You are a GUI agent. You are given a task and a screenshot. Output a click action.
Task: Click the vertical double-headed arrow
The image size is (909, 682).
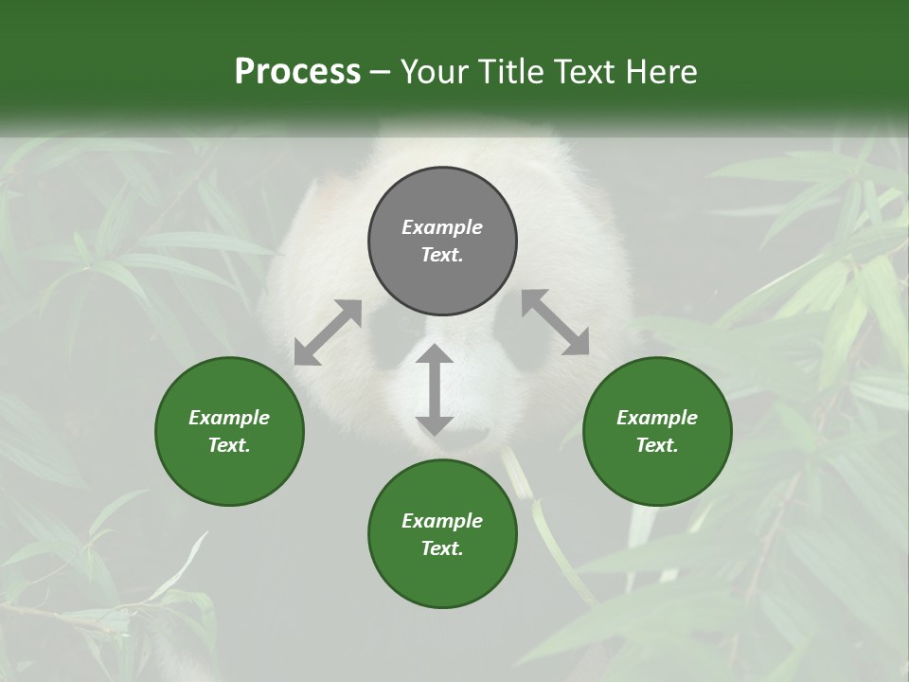[x=435, y=390]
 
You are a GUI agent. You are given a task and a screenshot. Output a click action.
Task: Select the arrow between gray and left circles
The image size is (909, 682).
[x=328, y=332]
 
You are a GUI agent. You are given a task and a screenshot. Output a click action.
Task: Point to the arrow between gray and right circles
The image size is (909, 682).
[x=555, y=322]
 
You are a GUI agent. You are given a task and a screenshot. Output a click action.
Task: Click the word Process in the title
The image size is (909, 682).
[x=297, y=71]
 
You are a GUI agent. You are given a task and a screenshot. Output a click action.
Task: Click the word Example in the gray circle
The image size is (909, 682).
[x=442, y=227]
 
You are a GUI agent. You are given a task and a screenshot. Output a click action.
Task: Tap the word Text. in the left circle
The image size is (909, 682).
[x=229, y=445]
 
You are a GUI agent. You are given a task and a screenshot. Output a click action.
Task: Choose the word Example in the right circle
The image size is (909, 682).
[x=657, y=418]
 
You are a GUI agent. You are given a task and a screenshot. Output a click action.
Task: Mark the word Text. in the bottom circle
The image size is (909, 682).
[x=442, y=548]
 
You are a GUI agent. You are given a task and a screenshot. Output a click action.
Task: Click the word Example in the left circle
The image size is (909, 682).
[x=229, y=418]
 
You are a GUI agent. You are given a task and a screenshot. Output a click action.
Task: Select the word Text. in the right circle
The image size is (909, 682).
[x=657, y=445]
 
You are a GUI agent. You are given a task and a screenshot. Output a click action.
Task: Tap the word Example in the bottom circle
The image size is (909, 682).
[x=442, y=521]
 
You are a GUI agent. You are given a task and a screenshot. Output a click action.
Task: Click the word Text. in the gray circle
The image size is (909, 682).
[x=442, y=255]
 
